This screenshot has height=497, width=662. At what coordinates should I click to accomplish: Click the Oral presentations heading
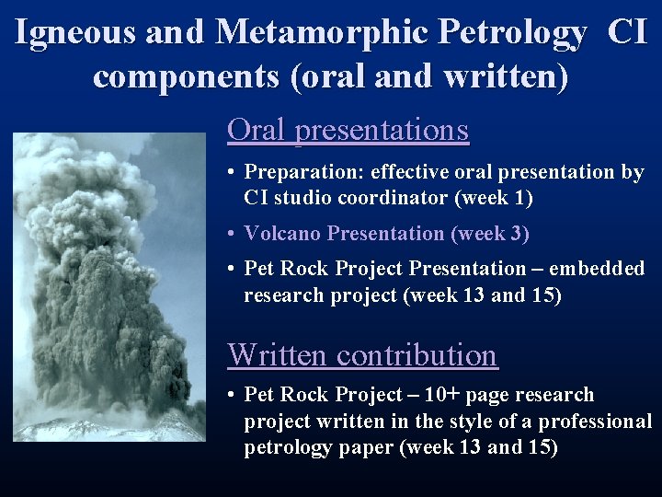pyautogui.click(x=348, y=130)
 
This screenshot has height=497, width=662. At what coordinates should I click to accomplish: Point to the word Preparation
pyautogui.click(x=296, y=172)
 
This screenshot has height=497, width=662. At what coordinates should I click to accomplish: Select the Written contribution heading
pyautogui.click(x=362, y=354)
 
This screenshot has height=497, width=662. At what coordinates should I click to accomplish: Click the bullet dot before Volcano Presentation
pyautogui.click(x=234, y=234)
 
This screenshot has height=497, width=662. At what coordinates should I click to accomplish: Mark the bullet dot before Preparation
pyautogui.click(x=234, y=172)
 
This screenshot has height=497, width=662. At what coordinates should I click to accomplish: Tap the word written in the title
pyautogui.click(x=504, y=76)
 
